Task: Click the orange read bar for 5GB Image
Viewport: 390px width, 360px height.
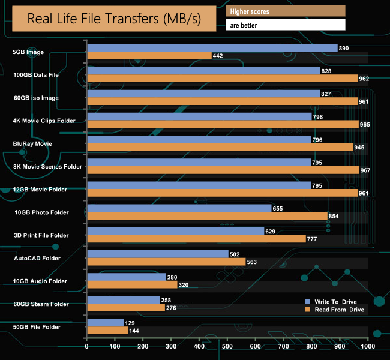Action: [x=149, y=56]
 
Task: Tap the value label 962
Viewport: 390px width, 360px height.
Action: [x=364, y=79]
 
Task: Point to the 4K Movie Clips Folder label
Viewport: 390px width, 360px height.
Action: [x=44, y=121]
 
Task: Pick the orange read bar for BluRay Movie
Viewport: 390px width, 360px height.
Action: [x=220, y=147]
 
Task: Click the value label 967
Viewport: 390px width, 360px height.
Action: [x=365, y=170]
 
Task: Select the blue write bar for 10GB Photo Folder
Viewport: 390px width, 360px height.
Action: [x=179, y=208]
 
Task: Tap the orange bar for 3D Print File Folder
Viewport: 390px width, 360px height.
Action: [x=197, y=239]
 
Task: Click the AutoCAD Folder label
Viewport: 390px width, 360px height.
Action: [x=37, y=258]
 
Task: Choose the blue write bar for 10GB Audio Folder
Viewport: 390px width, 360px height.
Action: [x=127, y=277]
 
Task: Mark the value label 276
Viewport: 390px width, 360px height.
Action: [x=173, y=308]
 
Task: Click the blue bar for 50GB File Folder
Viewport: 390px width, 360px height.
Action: [x=105, y=323]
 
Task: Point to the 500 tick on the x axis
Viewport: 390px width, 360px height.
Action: [x=227, y=346]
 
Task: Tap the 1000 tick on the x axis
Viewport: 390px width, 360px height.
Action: [x=368, y=346]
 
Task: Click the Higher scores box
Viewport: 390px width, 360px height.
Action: [x=285, y=11]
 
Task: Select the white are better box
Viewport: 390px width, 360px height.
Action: [x=285, y=25]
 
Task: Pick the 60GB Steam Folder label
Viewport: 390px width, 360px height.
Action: [x=40, y=304]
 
